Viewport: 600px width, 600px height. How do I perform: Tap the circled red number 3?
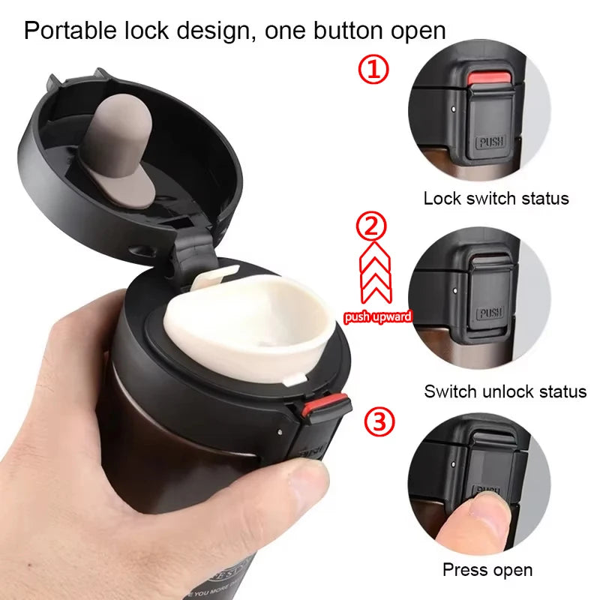(379, 422)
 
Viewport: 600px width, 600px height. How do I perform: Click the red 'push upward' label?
(378, 317)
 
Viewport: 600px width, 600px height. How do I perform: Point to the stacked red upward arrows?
(377, 274)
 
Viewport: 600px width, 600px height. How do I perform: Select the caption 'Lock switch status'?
(496, 199)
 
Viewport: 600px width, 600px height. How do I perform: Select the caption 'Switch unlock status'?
(505, 391)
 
